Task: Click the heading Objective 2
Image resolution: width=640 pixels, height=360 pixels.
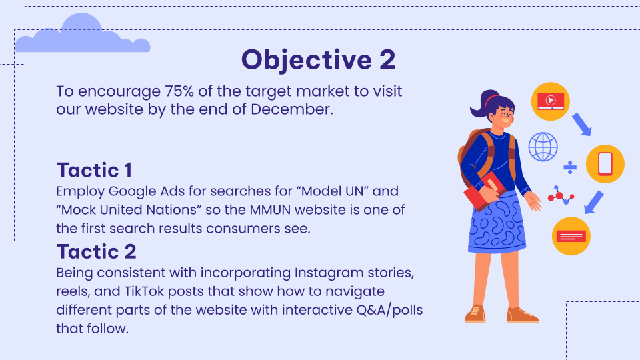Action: coord(319,60)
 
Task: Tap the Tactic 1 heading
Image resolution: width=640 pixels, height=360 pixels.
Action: coord(94,170)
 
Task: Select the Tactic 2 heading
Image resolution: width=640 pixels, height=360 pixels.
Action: coord(96,251)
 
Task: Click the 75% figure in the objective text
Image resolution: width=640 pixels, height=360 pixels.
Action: coord(179,91)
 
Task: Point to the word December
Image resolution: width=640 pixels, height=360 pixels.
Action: coord(292,109)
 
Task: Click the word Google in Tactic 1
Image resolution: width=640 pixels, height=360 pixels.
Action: coord(132,191)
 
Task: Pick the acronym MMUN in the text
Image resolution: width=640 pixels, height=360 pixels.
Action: coord(270,210)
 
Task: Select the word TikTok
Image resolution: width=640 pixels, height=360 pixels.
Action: coord(144,291)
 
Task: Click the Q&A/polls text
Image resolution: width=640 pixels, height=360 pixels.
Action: coord(389,310)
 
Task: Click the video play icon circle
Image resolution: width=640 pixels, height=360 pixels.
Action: coord(551,101)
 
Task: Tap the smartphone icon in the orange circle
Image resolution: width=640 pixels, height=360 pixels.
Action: coord(605,164)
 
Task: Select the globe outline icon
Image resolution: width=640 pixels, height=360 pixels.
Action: coord(543,147)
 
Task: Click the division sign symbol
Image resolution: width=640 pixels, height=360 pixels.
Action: coord(570,167)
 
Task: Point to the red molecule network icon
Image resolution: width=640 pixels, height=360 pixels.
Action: coord(561,195)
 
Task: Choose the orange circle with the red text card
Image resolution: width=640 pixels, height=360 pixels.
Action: coord(571,236)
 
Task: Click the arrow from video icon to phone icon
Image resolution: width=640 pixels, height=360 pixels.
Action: coord(582,125)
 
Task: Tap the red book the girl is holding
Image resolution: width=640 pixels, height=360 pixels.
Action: coord(485,191)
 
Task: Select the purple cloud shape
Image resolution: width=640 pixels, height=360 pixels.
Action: coord(83,35)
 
